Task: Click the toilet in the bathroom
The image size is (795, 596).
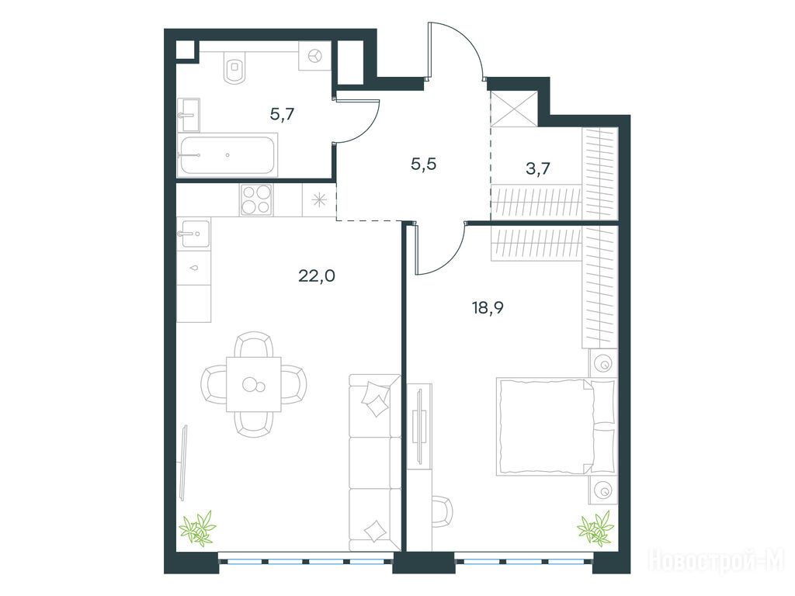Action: coord(234,67)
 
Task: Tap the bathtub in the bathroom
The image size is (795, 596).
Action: coord(227,155)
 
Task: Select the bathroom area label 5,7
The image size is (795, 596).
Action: coord(282,115)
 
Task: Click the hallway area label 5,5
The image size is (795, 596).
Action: coord(424,165)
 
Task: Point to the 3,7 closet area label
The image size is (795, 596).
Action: coord(538,168)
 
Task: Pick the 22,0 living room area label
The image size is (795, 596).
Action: coord(317,276)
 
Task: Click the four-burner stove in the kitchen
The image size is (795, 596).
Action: coord(256,199)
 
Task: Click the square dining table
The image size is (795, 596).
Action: coord(254,385)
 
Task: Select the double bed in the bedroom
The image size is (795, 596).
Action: coord(556,427)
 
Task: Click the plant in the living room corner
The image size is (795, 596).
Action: coord(198,528)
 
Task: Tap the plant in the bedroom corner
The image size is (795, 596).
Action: coord(595,528)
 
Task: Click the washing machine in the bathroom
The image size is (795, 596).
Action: coord(315,55)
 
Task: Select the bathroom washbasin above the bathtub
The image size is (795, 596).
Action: coord(188,115)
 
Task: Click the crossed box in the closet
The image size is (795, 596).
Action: coord(514,109)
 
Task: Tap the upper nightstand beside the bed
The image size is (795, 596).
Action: coord(603,363)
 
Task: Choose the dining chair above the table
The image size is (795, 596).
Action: coord(254,345)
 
